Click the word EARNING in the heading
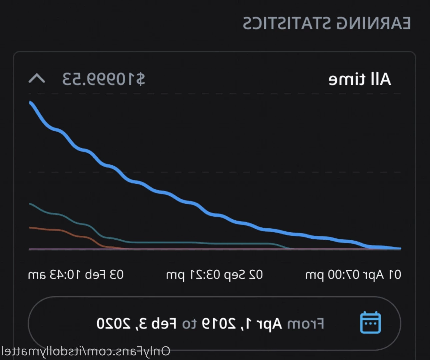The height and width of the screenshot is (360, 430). [x=374, y=23]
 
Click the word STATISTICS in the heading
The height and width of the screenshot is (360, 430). [x=287, y=23]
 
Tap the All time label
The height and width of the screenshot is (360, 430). [x=360, y=79]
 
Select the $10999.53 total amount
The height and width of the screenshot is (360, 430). [x=104, y=79]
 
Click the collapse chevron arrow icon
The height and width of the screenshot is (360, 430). [x=37, y=79]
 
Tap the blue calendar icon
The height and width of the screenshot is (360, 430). [x=370, y=322]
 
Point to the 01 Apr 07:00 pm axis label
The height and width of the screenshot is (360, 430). [x=353, y=275]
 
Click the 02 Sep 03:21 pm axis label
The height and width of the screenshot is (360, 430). [x=214, y=275]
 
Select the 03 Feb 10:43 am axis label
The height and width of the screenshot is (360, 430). [x=76, y=275]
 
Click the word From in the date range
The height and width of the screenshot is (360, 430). [x=306, y=324]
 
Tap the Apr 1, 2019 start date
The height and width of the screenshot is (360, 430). [x=242, y=324]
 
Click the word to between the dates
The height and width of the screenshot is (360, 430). [x=189, y=324]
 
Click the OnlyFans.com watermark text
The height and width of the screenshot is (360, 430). [x=86, y=351]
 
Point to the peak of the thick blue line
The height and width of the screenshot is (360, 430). [x=30, y=102]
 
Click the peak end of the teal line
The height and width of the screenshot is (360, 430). [x=30, y=204]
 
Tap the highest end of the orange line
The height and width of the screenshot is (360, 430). [x=30, y=228]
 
